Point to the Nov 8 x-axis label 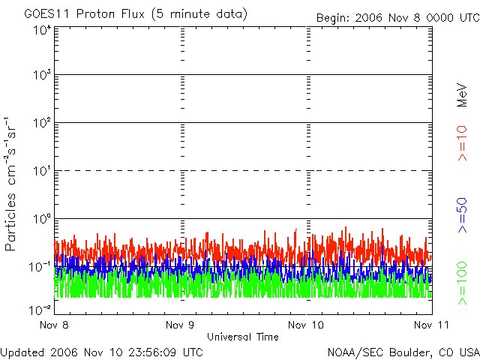coord(54,325)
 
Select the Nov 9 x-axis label coord(180,325)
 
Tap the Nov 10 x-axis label coord(306,325)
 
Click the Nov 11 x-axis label coord(431,325)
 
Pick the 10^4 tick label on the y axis coord(42,30)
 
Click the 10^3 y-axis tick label coord(42,75)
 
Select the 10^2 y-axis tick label coord(42,123)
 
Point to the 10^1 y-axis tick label coord(42,171)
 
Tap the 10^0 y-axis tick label coord(42,219)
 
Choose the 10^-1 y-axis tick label coord(40,267)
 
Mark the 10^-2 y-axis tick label coord(40,310)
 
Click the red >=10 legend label coord(462,143)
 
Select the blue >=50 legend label coord(462,215)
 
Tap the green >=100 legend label coord(462,283)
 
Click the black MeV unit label coord(462,95)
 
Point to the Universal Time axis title coord(243,337)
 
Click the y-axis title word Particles coord(10,222)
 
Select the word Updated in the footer coord(22,352)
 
